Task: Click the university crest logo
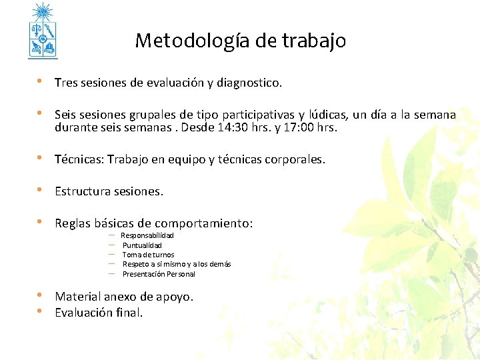click(43, 31)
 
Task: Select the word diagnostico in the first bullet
click(249, 83)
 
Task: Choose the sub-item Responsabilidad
click(147, 236)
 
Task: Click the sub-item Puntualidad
click(142, 245)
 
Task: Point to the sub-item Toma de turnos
click(148, 255)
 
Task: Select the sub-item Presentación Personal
click(159, 274)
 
